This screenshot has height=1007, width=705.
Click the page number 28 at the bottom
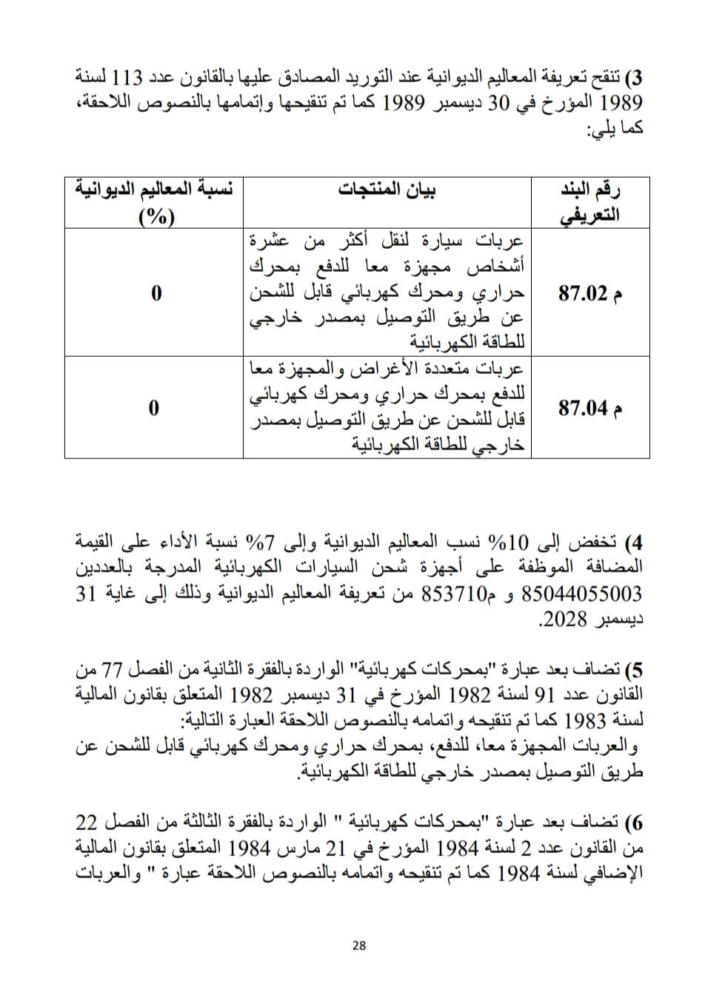point(360,945)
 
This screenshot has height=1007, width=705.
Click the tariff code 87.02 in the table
point(583,294)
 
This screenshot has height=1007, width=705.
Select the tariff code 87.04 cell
point(583,408)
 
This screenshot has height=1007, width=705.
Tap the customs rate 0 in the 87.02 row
point(155,294)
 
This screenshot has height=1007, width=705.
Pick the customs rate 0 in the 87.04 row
point(155,408)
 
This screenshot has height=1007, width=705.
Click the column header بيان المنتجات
point(387,190)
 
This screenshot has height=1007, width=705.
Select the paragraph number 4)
point(634,543)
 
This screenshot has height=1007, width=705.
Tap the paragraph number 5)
point(634,672)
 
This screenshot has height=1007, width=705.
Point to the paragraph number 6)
point(634,823)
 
